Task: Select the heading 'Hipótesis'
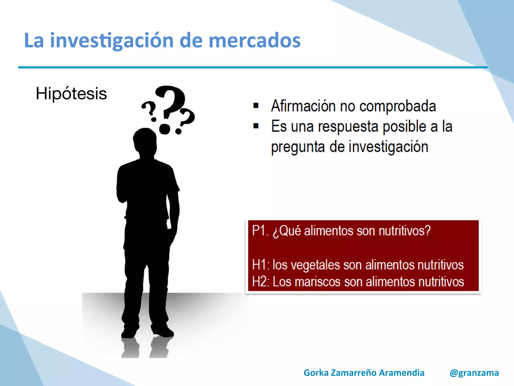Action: [x=71, y=93]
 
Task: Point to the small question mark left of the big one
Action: [x=150, y=111]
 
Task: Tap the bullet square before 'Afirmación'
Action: [x=256, y=106]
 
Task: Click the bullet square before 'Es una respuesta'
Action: [x=256, y=126]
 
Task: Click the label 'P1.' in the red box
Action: [x=260, y=231]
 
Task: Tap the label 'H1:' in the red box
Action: [x=261, y=265]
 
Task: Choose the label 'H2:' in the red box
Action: [x=261, y=281]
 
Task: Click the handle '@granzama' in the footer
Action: [x=474, y=373]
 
